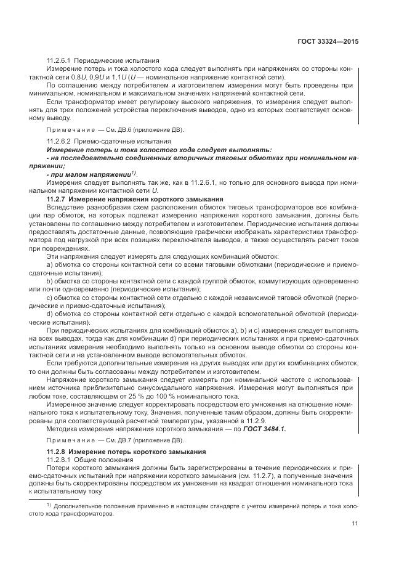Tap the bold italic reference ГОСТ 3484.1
pyautogui.click(x=264, y=428)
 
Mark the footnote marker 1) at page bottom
pyautogui.click(x=48, y=503)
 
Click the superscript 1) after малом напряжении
pyautogui.click(x=134, y=173)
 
